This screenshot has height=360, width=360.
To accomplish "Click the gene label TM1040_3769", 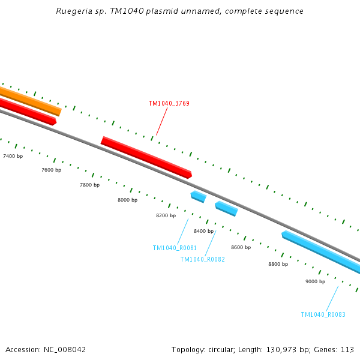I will [169, 103].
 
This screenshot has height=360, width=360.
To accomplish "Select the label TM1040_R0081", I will [175, 248].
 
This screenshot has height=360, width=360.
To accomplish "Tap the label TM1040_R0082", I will [202, 259].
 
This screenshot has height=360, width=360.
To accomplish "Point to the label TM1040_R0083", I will [323, 314].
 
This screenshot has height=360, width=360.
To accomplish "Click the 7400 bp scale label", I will [13, 156].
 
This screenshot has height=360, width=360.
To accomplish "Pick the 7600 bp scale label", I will [51, 170].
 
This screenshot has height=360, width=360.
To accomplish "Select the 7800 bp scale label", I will [89, 185].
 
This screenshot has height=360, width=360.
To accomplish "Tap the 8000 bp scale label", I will [127, 200].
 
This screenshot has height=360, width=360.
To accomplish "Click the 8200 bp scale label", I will [166, 215].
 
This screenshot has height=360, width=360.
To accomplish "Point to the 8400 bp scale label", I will [203, 231].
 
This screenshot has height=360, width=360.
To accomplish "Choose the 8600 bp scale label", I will [241, 247].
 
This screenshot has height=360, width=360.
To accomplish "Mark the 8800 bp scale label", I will [278, 264].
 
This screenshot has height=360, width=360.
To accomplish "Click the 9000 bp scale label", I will [315, 281].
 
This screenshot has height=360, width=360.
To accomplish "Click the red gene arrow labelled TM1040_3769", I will [146, 157].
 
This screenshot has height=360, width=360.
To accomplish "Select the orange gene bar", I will [30, 101].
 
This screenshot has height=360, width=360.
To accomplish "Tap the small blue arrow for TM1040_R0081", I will [198, 196].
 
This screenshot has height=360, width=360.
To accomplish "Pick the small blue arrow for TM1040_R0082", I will [226, 208].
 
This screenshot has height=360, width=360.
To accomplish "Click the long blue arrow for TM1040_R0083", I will [321, 251].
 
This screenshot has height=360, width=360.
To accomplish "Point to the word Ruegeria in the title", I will [73, 11].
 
